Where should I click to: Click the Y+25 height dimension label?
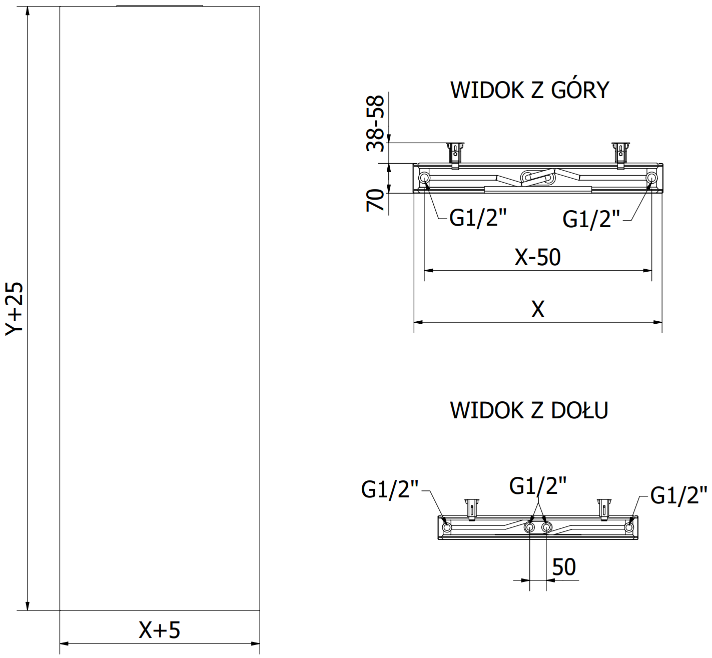point(15,308)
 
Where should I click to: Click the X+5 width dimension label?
point(159,630)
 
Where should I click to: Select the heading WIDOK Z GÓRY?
point(529,91)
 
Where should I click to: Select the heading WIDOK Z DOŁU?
point(529,410)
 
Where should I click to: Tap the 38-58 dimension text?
point(376,123)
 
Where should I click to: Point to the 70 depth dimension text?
point(376,200)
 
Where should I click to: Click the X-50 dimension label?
point(537,257)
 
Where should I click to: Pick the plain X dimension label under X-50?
point(537,309)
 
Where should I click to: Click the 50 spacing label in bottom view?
point(563,567)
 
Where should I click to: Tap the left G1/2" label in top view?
point(478,218)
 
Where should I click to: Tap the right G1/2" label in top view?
point(591,219)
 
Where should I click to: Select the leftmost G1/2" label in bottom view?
point(389,489)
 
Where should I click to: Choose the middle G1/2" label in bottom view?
point(537,485)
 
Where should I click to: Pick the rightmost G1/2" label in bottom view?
point(678,495)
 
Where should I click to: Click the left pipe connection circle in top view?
point(424,178)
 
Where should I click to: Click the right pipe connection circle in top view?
point(651,178)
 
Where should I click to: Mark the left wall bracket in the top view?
point(455,154)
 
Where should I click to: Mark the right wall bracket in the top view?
point(620,154)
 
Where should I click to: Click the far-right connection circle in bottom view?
point(629,527)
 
